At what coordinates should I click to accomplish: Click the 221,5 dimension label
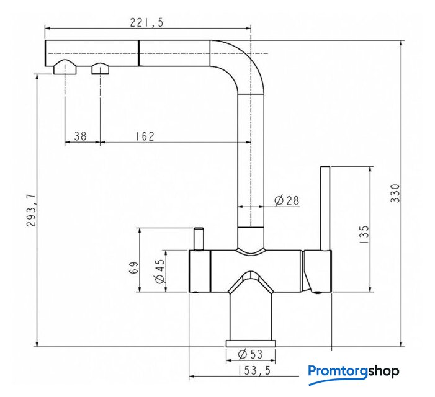click(146, 23)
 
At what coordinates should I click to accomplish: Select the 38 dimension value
click(80, 136)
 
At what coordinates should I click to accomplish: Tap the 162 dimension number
click(145, 136)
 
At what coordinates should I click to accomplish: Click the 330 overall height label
click(395, 194)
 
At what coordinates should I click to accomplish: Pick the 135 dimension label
click(364, 234)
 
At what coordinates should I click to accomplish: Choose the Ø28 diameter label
click(287, 200)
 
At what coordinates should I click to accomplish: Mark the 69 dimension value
click(133, 267)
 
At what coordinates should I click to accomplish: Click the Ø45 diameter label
click(160, 271)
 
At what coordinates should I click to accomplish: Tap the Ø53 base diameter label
click(250, 354)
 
